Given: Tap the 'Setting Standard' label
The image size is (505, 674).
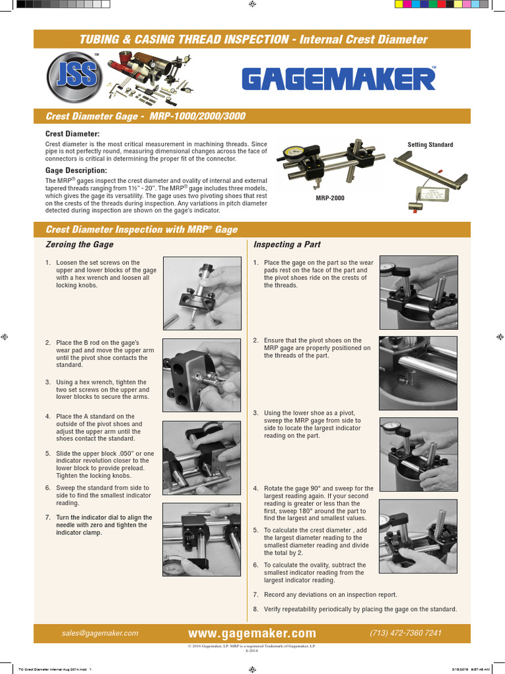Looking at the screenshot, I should [x=430, y=145].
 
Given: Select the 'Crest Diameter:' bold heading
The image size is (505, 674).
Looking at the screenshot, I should [x=72, y=134].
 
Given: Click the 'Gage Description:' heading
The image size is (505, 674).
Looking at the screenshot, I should [x=76, y=170].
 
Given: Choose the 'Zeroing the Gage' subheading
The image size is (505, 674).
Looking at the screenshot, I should [x=80, y=244].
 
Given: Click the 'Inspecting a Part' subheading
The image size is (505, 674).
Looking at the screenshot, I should [x=287, y=244].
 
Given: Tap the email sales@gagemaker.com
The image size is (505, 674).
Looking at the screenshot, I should [x=100, y=633].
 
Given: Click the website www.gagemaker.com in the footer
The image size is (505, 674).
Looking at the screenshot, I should [x=252, y=633].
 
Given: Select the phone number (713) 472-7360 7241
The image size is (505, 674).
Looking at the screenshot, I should [x=406, y=633].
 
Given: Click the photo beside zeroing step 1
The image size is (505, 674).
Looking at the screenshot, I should [x=202, y=293].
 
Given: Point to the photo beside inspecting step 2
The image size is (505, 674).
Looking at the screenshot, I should [x=418, y=373].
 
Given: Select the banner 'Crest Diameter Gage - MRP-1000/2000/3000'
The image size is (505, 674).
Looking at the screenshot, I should [x=145, y=117].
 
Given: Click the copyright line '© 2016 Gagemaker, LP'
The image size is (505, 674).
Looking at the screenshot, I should [x=252, y=647].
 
